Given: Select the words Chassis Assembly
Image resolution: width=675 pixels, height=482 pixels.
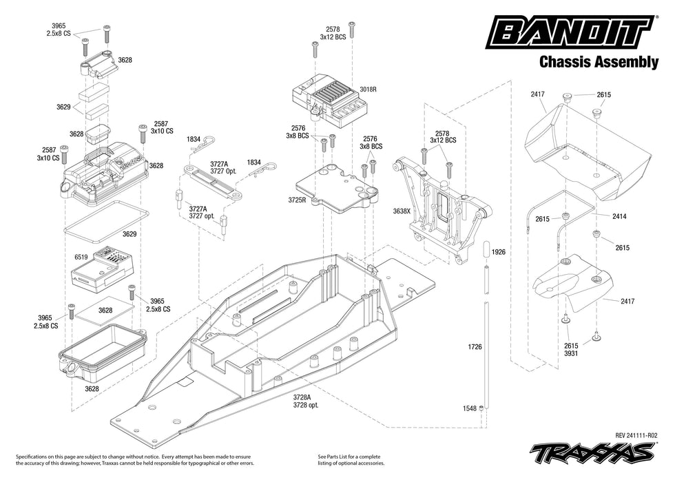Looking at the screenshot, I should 599,63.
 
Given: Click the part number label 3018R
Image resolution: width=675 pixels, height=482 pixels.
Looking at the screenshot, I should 369,90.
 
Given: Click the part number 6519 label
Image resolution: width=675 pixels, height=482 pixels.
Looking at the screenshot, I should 81,256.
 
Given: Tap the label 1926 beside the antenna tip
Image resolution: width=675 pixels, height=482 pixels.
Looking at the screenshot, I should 499,253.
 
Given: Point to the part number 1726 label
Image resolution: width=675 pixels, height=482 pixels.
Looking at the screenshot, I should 475,347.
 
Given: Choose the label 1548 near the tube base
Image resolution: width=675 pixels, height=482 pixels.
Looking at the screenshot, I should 470,408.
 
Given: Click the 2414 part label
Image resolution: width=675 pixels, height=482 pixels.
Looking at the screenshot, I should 620,216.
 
